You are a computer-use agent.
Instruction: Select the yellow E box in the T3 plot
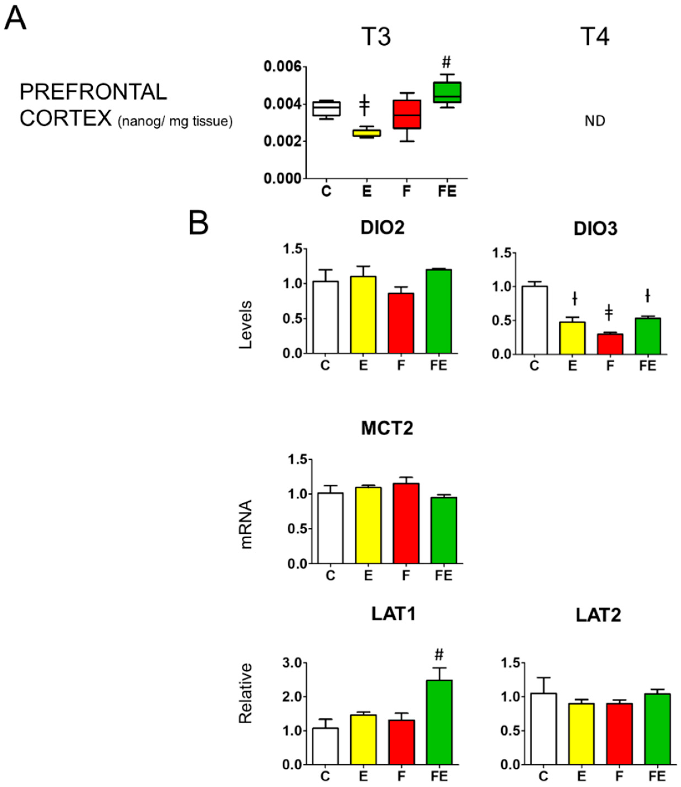pyautogui.click(x=366, y=133)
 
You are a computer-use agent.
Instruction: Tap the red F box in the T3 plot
pyautogui.click(x=407, y=114)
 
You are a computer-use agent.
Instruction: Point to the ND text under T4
pyautogui.click(x=595, y=121)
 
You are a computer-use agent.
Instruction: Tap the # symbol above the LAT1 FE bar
pyautogui.click(x=439, y=654)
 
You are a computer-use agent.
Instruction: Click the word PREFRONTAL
pyautogui.click(x=93, y=92)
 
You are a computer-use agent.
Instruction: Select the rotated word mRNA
pyautogui.click(x=246, y=524)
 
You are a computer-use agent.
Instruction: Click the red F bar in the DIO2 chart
pyautogui.click(x=401, y=323)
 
